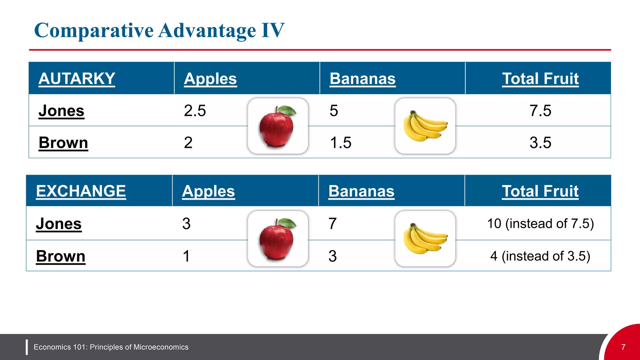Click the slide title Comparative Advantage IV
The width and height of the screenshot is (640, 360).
(159, 31)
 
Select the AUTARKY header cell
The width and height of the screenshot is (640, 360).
(77, 78)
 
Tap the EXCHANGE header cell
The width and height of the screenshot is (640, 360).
(81, 191)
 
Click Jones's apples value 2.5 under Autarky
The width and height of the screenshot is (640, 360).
(195, 111)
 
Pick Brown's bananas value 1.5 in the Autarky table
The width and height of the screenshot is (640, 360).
(341, 142)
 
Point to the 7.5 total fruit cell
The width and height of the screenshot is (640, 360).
(540, 111)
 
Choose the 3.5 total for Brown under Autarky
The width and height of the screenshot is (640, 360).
(540, 142)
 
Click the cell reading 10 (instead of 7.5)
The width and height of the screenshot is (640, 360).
(540, 223)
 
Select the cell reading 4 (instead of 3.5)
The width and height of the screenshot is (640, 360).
(540, 256)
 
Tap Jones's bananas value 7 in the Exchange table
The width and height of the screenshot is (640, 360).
(332, 224)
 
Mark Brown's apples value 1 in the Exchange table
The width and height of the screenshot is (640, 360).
(186, 256)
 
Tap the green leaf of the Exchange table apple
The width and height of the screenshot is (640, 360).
(287, 222)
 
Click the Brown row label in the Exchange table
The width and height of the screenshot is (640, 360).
(61, 256)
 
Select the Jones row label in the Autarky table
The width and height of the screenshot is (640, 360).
(61, 111)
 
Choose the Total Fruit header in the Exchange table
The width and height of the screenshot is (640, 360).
(540, 191)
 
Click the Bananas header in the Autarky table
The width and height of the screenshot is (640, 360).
(362, 78)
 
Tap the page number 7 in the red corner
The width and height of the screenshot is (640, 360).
(623, 347)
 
